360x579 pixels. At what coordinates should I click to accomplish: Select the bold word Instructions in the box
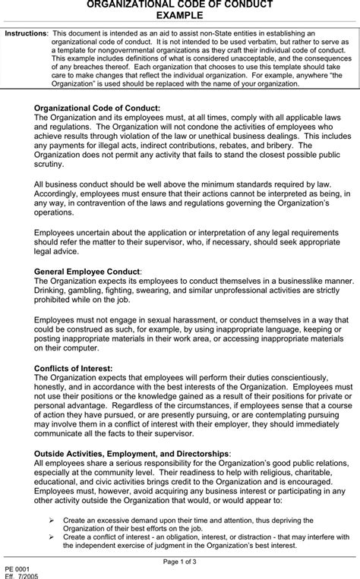[x=25, y=35]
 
